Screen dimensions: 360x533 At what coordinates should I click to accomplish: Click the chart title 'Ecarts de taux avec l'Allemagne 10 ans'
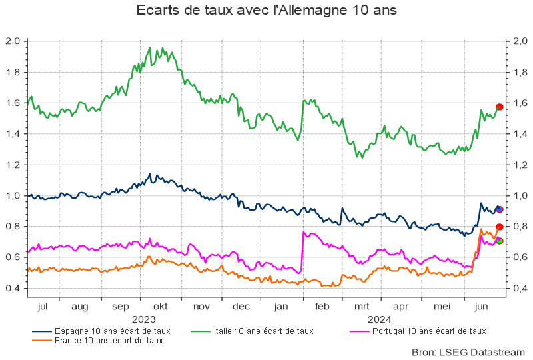(266, 11)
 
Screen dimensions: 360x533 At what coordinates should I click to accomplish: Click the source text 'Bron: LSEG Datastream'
(469, 351)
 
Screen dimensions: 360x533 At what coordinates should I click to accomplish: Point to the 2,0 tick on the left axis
(13, 41)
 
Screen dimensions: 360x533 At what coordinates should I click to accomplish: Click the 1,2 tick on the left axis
(13, 165)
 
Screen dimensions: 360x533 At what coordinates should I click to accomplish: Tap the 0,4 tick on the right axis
(519, 288)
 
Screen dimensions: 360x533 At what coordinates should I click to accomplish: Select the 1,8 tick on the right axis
(519, 72)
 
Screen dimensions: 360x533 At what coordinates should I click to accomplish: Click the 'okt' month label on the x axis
(160, 307)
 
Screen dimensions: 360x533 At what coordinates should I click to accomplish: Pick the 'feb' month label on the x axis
(322, 307)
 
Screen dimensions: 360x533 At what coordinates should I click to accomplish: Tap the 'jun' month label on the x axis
(478, 307)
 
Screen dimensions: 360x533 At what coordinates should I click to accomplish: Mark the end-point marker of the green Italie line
(499, 107)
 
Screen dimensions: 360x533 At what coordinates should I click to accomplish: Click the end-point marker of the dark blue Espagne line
(499, 209)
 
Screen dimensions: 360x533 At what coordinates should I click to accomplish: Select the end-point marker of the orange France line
(499, 227)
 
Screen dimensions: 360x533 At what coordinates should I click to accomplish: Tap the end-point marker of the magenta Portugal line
(499, 241)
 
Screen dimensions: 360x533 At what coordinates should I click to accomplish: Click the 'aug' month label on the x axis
(79, 307)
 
